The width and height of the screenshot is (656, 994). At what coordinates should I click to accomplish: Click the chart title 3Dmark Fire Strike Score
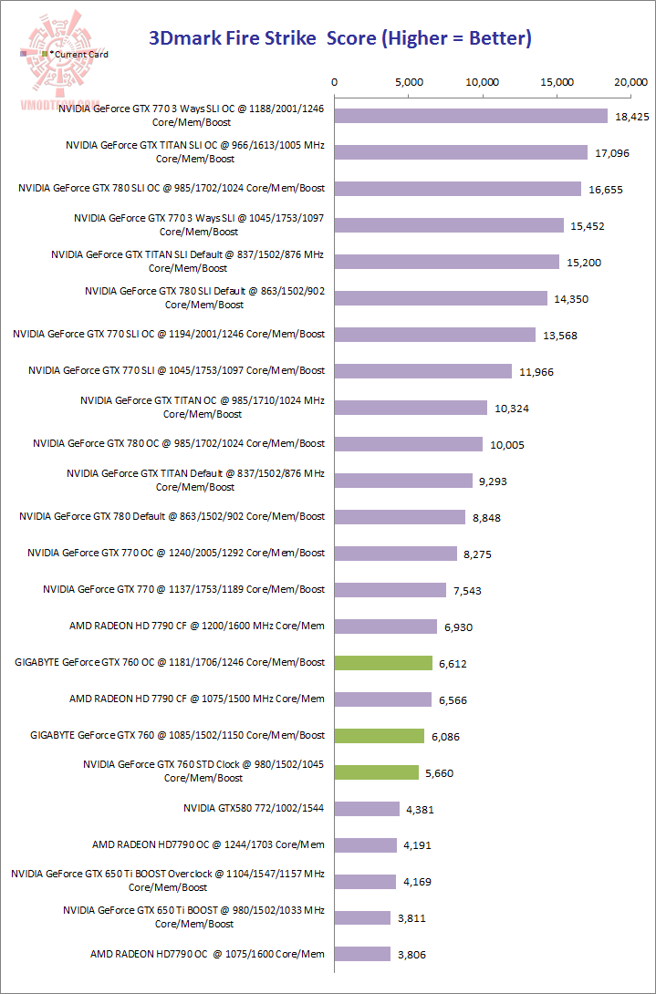pos(339,38)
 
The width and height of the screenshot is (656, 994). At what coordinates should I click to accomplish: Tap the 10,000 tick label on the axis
pos(483,82)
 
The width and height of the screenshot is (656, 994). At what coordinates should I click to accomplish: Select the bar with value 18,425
pos(471,116)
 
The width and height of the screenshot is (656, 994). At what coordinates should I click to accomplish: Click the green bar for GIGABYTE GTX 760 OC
pos(383,663)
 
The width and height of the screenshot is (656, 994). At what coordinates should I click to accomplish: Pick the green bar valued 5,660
pos(377,772)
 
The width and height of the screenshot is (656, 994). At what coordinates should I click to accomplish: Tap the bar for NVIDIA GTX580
pos(367,809)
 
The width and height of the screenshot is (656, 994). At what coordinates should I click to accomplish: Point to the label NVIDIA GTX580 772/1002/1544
pos(254,808)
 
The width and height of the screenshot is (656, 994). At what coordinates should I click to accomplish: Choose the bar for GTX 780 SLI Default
pos(441,298)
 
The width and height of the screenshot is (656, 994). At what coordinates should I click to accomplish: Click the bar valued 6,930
pos(386,626)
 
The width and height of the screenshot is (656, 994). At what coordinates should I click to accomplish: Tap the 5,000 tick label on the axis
pos(409,82)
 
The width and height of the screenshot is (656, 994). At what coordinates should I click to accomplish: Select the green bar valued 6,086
pos(380,736)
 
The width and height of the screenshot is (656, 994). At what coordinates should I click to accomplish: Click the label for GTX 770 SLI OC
pos(169,334)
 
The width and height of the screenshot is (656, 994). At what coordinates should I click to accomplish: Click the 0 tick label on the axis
pos(335,82)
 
